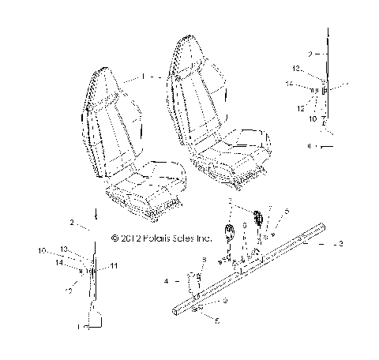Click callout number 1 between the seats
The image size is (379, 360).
click(x=143, y=77)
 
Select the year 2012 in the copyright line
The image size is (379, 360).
click(x=129, y=237)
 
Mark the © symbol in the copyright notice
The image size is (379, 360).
click(x=115, y=237)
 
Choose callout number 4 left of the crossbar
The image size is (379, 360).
click(x=167, y=280)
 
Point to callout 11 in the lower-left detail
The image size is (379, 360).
click(x=113, y=267)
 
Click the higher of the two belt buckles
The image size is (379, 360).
click(x=257, y=217)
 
